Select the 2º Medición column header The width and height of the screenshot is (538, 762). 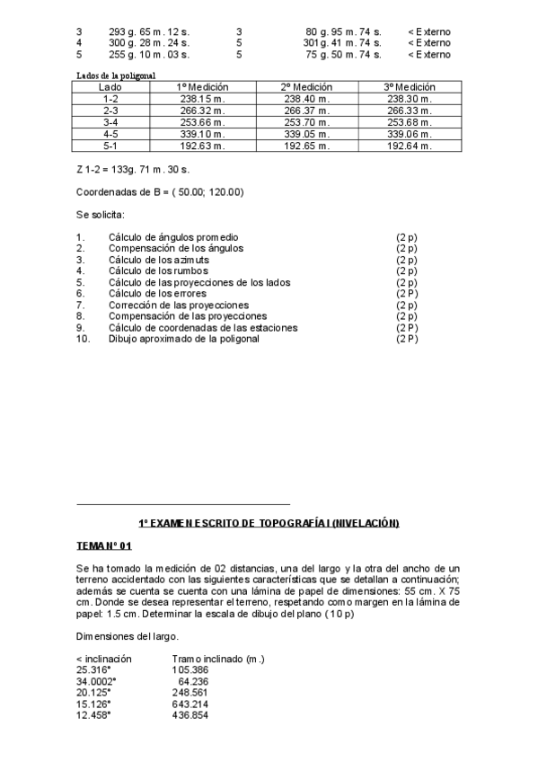(x=306, y=87)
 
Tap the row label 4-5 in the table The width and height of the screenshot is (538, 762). (x=111, y=133)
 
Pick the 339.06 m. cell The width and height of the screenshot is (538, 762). (x=410, y=133)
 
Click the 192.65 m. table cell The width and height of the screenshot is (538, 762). (x=306, y=145)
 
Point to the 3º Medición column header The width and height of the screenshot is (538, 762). (x=410, y=87)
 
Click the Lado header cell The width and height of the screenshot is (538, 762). (x=111, y=87)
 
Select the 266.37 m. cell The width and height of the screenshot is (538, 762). (x=306, y=111)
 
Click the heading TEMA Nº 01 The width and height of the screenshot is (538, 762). (x=104, y=545)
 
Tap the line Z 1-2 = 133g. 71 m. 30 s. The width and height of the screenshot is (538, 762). (x=133, y=168)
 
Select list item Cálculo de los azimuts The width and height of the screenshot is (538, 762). (x=159, y=259)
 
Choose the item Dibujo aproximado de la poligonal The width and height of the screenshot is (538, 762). (x=183, y=339)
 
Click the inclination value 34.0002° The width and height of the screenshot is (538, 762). (x=97, y=681)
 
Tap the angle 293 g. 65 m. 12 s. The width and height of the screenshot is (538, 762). (x=149, y=31)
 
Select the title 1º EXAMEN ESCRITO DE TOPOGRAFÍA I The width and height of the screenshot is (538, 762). (x=269, y=523)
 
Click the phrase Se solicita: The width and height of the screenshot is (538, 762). (x=101, y=215)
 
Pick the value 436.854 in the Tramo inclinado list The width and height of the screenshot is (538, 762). (x=190, y=715)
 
